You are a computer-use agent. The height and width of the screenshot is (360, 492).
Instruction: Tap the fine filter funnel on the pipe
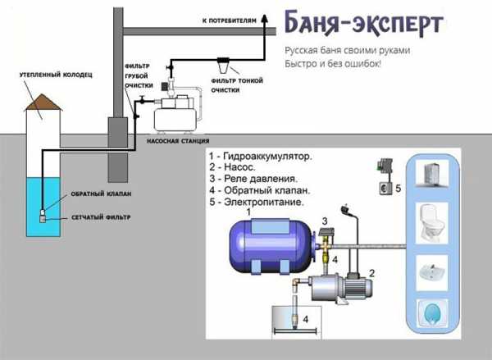point(223,62)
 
